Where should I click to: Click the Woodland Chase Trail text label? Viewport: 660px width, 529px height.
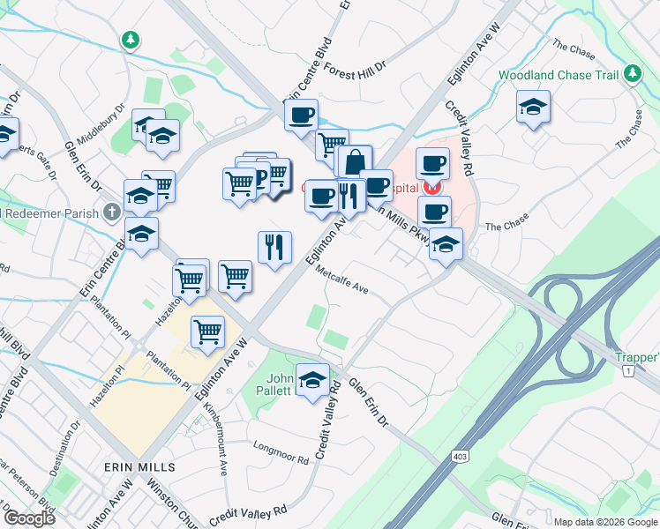pyautogui.click(x=558, y=76)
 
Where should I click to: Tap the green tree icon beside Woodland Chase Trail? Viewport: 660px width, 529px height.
pyautogui.click(x=631, y=75)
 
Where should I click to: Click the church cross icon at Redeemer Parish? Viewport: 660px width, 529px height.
pyautogui.click(x=111, y=212)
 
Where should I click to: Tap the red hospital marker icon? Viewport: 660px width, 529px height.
pyautogui.click(x=431, y=187)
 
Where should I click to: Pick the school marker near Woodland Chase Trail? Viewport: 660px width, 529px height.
pyautogui.click(x=533, y=108)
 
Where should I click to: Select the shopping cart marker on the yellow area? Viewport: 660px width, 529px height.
pyautogui.click(x=207, y=333)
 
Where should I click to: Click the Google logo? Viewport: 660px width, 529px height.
pyautogui.click(x=29, y=518)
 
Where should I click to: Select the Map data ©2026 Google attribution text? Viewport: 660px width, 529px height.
pyautogui.click(x=605, y=522)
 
